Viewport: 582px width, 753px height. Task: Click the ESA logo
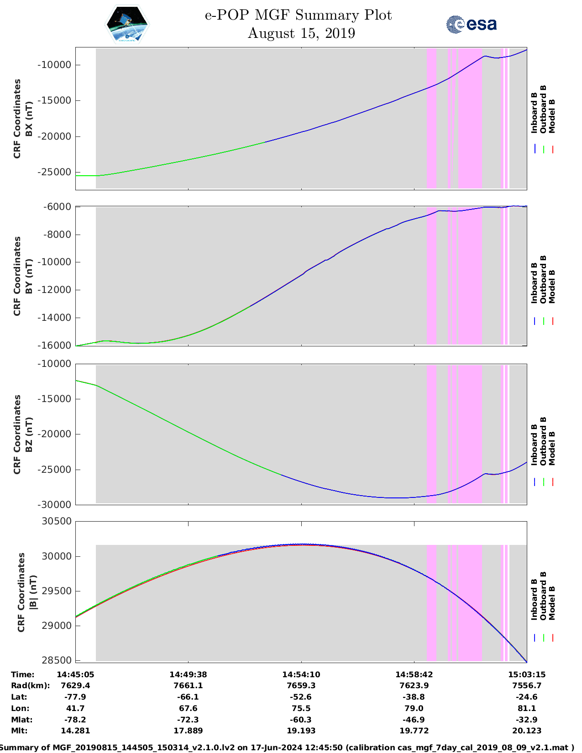pyautogui.click(x=472, y=24)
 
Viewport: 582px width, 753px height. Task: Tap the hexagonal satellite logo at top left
pyautogui.click(x=127, y=24)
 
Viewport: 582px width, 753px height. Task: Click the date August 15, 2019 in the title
pyautogui.click(x=301, y=33)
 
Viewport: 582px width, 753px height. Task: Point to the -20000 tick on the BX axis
pyautogui.click(x=54, y=136)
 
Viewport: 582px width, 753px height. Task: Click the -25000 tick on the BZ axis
pyautogui.click(x=54, y=470)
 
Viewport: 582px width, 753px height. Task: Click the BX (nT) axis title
pyautogui.click(x=29, y=119)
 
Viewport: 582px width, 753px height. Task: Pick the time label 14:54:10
pyautogui.click(x=301, y=675)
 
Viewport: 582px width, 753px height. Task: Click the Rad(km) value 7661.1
pyautogui.click(x=188, y=685)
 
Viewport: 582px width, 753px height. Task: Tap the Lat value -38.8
pyautogui.click(x=414, y=697)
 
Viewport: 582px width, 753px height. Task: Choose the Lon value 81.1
pyautogui.click(x=527, y=708)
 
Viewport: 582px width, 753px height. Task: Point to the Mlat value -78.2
pyautogui.click(x=75, y=720)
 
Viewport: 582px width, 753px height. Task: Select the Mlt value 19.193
pyautogui.click(x=301, y=731)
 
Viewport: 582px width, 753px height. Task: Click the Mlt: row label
pyautogui.click(x=19, y=731)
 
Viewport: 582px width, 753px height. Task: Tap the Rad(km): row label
pyautogui.click(x=30, y=685)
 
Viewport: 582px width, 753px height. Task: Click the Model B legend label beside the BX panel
pyautogui.click(x=552, y=116)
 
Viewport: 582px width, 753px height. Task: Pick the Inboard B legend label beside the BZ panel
pyautogui.click(x=534, y=442)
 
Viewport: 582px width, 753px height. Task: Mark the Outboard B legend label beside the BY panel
pyautogui.click(x=543, y=279)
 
